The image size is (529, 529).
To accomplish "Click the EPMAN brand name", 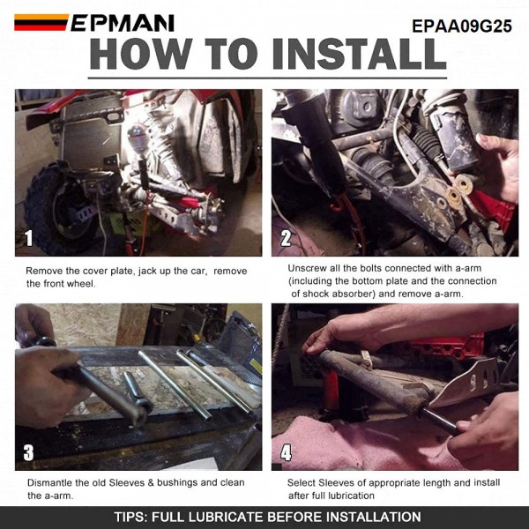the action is [123, 23].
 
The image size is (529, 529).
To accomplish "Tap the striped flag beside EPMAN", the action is [41, 22].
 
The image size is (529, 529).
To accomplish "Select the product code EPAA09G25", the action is [462, 26].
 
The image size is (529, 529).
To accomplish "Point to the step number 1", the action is [29, 238].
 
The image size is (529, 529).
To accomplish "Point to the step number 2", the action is [286, 238].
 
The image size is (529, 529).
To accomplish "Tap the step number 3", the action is [29, 452].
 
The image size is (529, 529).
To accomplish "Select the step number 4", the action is [286, 452].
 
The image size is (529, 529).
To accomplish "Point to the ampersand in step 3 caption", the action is [151, 483].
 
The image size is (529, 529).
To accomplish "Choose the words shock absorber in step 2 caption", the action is [340, 294].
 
